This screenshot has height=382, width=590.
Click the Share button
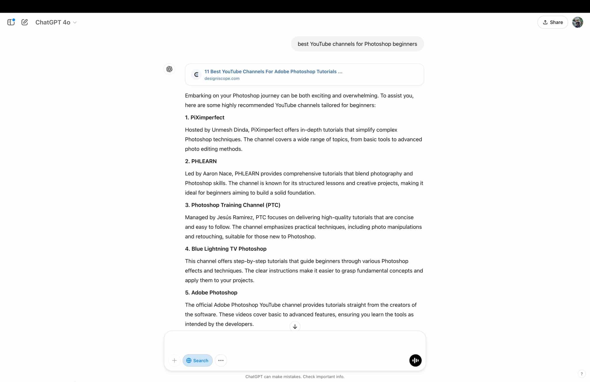pos(552,22)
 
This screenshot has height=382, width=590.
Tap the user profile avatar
pos(577,22)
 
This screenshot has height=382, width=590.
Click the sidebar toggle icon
pos(11,22)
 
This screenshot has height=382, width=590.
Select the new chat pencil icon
pos(25,22)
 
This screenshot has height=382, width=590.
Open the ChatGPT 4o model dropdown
pos(56,23)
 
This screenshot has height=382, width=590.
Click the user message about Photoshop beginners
pos(357,44)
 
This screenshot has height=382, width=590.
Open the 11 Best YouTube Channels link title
pos(273,72)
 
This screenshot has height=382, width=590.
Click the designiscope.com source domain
pos(222,78)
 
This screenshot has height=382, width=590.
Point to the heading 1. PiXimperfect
pos(205,117)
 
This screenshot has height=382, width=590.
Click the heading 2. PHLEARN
pos(201,161)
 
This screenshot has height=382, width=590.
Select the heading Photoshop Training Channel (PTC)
pos(232,205)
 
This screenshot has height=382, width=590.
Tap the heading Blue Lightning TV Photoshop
pos(226,249)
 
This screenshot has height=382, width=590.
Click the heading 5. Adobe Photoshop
pos(211,293)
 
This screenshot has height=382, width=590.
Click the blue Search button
pos(197,360)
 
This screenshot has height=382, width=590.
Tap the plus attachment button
pos(174,360)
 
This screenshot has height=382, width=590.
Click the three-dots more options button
pos(221,360)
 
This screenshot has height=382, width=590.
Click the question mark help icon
pos(581,374)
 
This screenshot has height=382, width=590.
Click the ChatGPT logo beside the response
pos(169,69)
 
